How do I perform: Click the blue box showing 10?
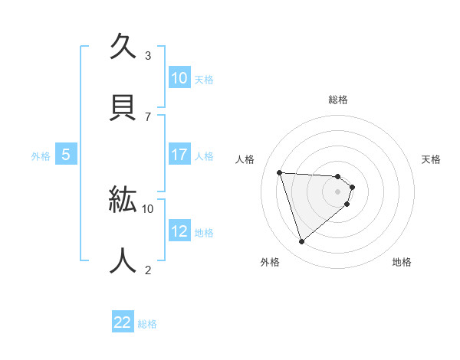pos(179,78)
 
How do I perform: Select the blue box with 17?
pos(179,155)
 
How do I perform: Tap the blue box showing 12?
pos(179,231)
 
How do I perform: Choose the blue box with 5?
pos(66,155)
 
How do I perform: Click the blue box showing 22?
pos(123,323)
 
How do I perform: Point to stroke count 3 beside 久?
pos(148,55)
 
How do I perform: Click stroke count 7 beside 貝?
pos(148,116)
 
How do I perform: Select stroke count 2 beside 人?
pos(148,270)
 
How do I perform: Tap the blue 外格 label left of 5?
pos(41,155)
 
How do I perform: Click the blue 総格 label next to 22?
pos(147,324)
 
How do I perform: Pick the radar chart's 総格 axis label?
pos(338,100)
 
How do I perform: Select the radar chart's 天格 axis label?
pos(432,159)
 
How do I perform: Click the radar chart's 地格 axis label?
pos(402,262)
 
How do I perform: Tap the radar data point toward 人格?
pos(280,172)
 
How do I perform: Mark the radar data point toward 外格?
pos(301,242)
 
